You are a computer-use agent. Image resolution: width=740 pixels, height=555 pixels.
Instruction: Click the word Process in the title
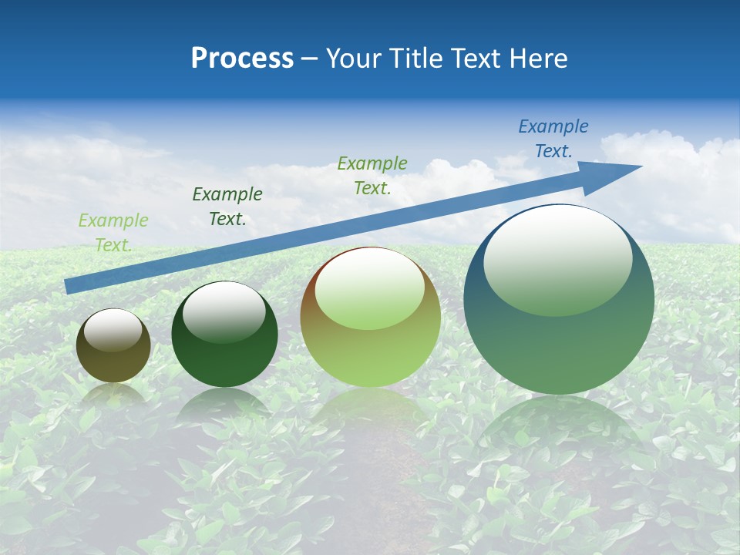coord(242,59)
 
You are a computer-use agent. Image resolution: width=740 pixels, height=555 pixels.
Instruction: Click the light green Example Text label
coord(113,233)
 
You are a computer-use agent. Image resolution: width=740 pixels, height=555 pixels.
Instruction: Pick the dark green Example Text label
coord(227,207)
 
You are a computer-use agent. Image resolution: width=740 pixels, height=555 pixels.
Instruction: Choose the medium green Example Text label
coord(372,175)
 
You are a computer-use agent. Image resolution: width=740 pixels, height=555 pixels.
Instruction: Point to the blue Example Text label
coord(553,139)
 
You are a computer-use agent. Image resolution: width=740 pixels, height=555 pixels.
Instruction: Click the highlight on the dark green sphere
coord(224,311)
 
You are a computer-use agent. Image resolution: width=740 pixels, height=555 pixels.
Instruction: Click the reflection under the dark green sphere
coord(224,405)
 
